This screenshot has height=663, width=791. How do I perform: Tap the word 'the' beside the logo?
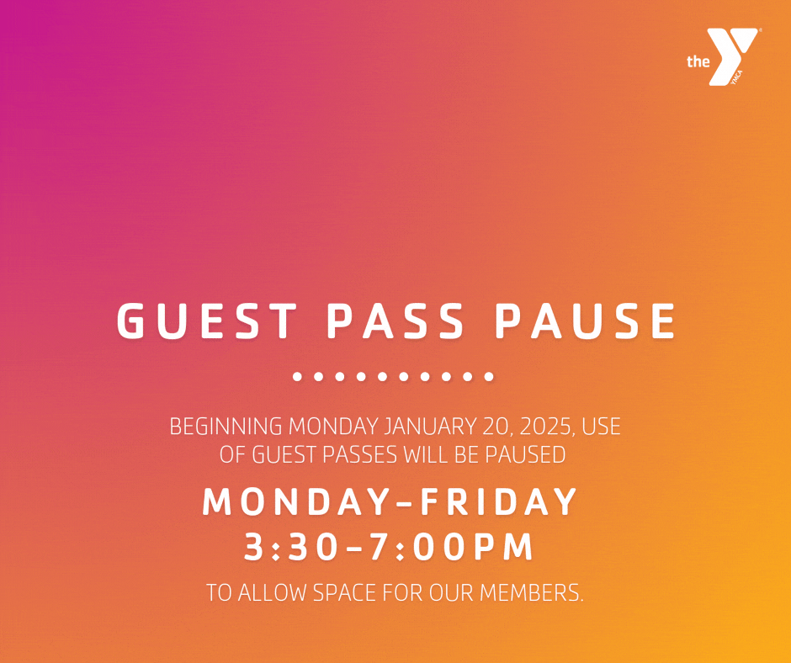(698, 61)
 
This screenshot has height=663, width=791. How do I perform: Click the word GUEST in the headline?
(207, 321)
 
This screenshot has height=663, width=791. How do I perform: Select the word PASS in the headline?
(395, 321)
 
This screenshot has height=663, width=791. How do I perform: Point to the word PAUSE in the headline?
(585, 321)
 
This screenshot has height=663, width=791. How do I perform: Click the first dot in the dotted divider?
(297, 376)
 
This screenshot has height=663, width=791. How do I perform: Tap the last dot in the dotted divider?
(489, 376)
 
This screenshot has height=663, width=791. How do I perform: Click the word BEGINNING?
(226, 427)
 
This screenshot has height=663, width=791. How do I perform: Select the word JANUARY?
(429, 427)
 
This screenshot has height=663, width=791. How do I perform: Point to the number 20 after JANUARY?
(497, 427)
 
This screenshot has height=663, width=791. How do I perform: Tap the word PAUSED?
(525, 455)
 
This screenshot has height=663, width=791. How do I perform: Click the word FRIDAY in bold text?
(498, 501)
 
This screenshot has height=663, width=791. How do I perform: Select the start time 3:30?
(290, 547)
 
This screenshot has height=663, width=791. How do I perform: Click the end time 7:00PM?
(451, 547)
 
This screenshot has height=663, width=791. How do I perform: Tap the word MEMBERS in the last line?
(531, 593)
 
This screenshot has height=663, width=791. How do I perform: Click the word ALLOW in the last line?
(272, 593)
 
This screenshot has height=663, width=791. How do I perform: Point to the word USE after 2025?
(601, 427)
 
